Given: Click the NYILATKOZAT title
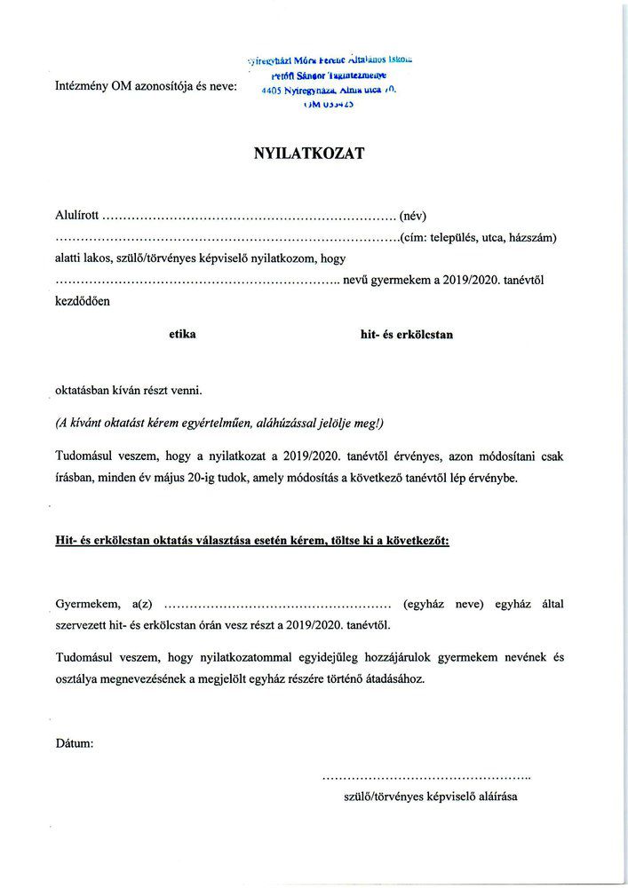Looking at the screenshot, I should [x=309, y=153].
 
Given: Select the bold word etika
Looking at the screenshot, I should [x=182, y=335].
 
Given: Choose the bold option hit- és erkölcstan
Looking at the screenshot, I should [x=406, y=335].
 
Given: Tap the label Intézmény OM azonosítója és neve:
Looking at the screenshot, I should [x=147, y=87].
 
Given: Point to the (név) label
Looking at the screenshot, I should [x=414, y=216].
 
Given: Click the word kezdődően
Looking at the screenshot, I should [x=83, y=301].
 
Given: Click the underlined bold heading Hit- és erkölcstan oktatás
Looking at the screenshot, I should [x=252, y=541].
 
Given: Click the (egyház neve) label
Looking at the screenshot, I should [x=442, y=605].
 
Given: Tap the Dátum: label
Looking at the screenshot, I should [x=75, y=742].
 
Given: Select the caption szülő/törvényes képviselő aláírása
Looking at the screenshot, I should [x=430, y=796].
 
